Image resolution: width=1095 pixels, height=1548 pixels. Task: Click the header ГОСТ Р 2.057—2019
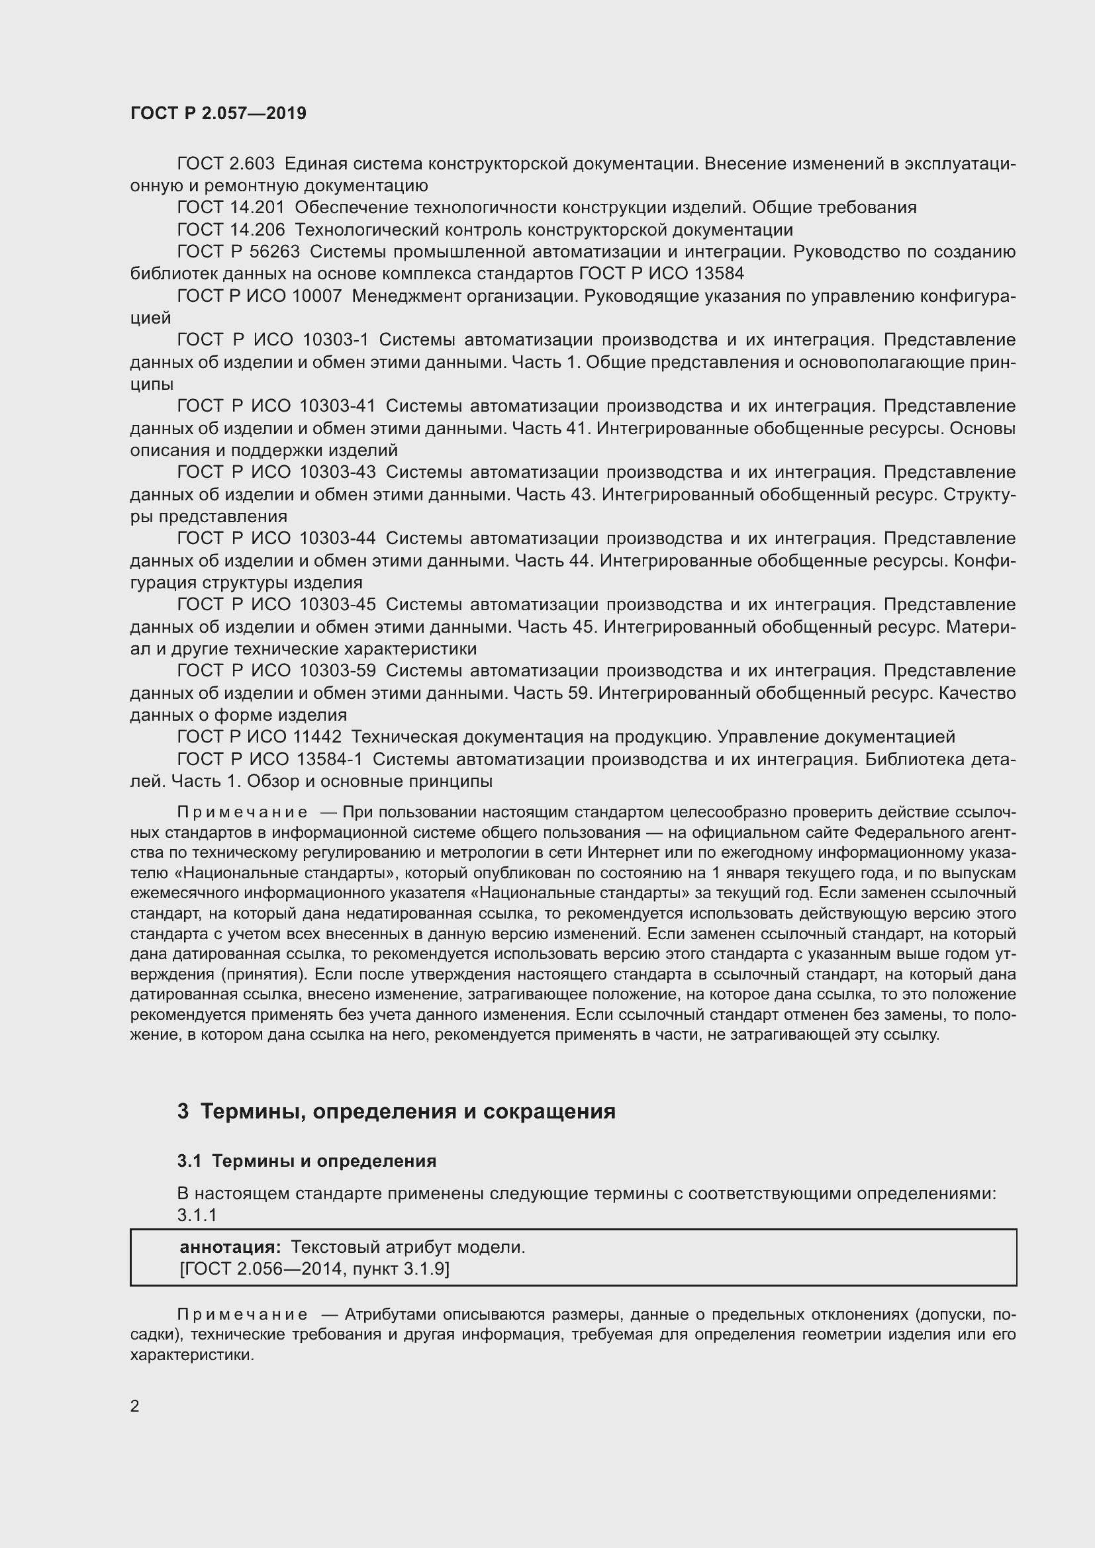[x=218, y=113]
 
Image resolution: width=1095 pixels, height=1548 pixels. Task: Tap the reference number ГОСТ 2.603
[x=225, y=164]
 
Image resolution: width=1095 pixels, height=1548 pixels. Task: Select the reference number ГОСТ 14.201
[x=230, y=208]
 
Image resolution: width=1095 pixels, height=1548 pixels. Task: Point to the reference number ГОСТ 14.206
[x=230, y=230]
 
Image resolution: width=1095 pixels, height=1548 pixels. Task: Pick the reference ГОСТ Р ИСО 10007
[x=259, y=296]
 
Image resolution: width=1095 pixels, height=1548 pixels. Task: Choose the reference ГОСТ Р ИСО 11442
[x=259, y=737]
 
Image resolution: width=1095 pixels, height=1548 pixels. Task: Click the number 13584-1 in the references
[x=330, y=759]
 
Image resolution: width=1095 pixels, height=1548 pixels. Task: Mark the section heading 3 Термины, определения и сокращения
[x=397, y=1112]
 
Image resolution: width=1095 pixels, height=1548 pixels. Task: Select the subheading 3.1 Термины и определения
[x=307, y=1161]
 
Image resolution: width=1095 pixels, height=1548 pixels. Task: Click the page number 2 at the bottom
[x=135, y=1406]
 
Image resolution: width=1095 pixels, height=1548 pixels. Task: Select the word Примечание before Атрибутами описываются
[x=242, y=1315]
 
